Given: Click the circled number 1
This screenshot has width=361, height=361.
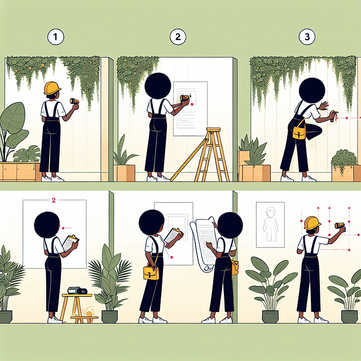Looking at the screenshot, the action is [56, 37].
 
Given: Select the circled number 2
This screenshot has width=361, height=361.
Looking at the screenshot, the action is [178, 37].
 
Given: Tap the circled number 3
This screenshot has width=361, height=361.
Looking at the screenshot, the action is [307, 37].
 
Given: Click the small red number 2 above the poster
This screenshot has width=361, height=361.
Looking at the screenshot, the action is [54, 200].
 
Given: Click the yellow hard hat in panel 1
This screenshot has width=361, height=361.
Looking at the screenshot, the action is [52, 88].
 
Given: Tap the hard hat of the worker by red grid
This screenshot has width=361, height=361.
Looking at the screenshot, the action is [312, 223].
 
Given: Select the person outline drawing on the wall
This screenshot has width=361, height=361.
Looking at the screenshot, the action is [270, 224].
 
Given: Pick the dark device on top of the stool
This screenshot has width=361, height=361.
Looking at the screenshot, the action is [77, 290].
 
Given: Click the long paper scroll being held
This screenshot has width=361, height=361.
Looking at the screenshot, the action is [204, 244].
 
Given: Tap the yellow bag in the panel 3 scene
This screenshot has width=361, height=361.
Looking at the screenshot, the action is [300, 131].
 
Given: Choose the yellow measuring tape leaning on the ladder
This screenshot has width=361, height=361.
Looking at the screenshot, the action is [189, 159].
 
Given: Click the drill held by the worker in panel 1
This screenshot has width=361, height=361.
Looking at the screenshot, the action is [74, 101].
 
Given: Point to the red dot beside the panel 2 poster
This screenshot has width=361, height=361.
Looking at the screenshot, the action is [192, 104].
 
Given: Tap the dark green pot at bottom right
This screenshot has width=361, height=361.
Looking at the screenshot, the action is [350, 317].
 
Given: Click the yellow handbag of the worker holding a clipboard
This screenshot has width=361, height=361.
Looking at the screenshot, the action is [151, 272].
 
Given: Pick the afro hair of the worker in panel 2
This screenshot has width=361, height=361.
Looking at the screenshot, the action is [158, 86].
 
